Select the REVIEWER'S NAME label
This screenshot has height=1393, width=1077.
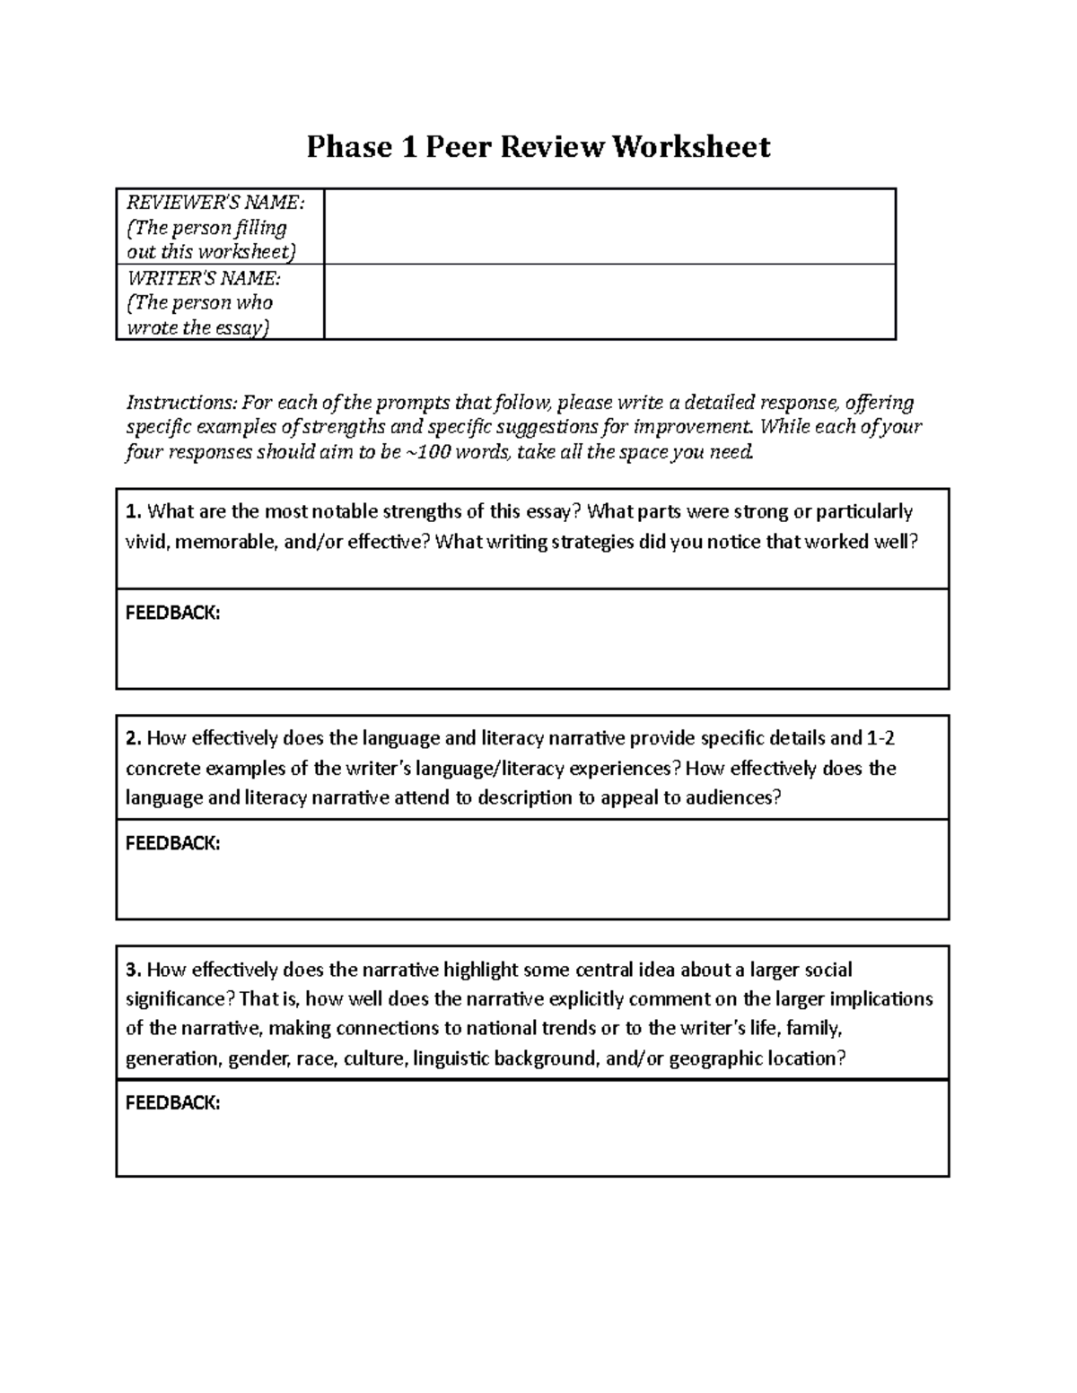point(215,204)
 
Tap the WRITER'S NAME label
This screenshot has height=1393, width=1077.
point(204,279)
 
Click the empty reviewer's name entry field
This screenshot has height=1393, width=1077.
point(609,226)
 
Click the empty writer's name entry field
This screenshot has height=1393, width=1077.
point(609,301)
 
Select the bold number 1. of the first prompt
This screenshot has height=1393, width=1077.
point(134,512)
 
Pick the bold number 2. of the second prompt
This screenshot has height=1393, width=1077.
point(134,739)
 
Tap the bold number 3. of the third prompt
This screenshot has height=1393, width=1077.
point(134,970)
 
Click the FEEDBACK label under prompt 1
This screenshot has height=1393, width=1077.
point(172,614)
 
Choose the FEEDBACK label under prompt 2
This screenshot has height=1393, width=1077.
point(172,843)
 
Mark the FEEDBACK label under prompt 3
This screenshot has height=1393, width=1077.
point(172,1102)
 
